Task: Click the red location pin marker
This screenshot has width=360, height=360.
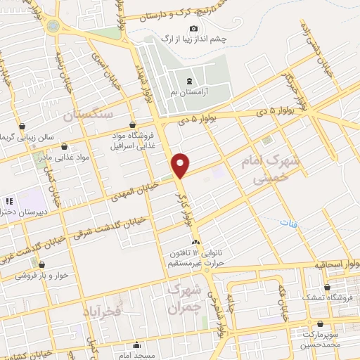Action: [181, 165]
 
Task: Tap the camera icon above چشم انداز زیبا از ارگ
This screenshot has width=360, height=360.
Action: [193, 28]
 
